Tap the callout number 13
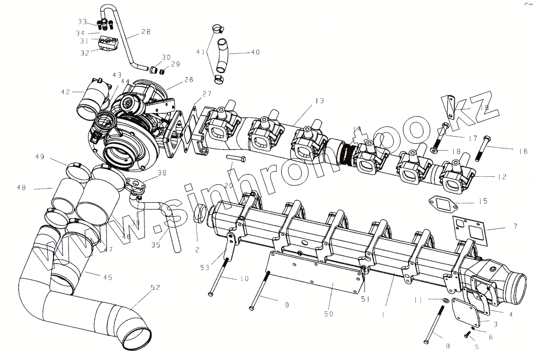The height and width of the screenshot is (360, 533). pos(320,101)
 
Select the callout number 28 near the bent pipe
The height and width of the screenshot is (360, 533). pos(145,32)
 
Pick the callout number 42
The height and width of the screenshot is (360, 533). pos(65,92)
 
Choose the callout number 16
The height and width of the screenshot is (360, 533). pos(523,151)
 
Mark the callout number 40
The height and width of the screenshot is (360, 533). pos(255,52)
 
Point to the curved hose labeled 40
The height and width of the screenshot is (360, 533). pos(223,56)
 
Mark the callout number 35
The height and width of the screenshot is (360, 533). pos(156,245)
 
